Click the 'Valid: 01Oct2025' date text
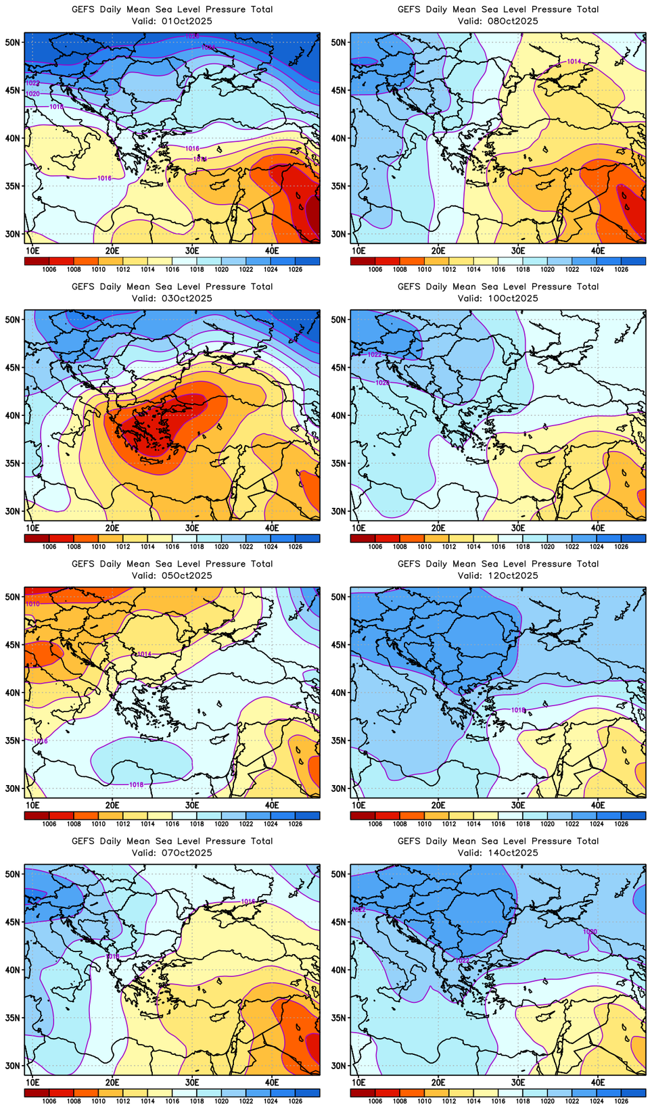pos(172,21)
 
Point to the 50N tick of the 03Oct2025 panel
pos(13,319)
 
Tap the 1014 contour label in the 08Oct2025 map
pos(573,62)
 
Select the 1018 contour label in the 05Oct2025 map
pos(136,784)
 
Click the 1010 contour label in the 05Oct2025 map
pos(32,603)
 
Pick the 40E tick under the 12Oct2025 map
pos(598,805)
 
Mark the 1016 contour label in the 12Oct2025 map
pos(518,710)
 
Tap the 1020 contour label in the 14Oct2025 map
pos(590,932)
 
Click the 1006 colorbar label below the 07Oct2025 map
pos(49,1101)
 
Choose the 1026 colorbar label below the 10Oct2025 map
pos(621,546)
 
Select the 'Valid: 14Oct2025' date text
pos(498,853)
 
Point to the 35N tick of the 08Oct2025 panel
pos(339,186)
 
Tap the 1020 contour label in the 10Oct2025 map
pos(382,383)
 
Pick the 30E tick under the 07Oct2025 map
pos(192,1083)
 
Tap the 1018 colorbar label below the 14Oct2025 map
pos(523,1101)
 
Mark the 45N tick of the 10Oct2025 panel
pos(339,367)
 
